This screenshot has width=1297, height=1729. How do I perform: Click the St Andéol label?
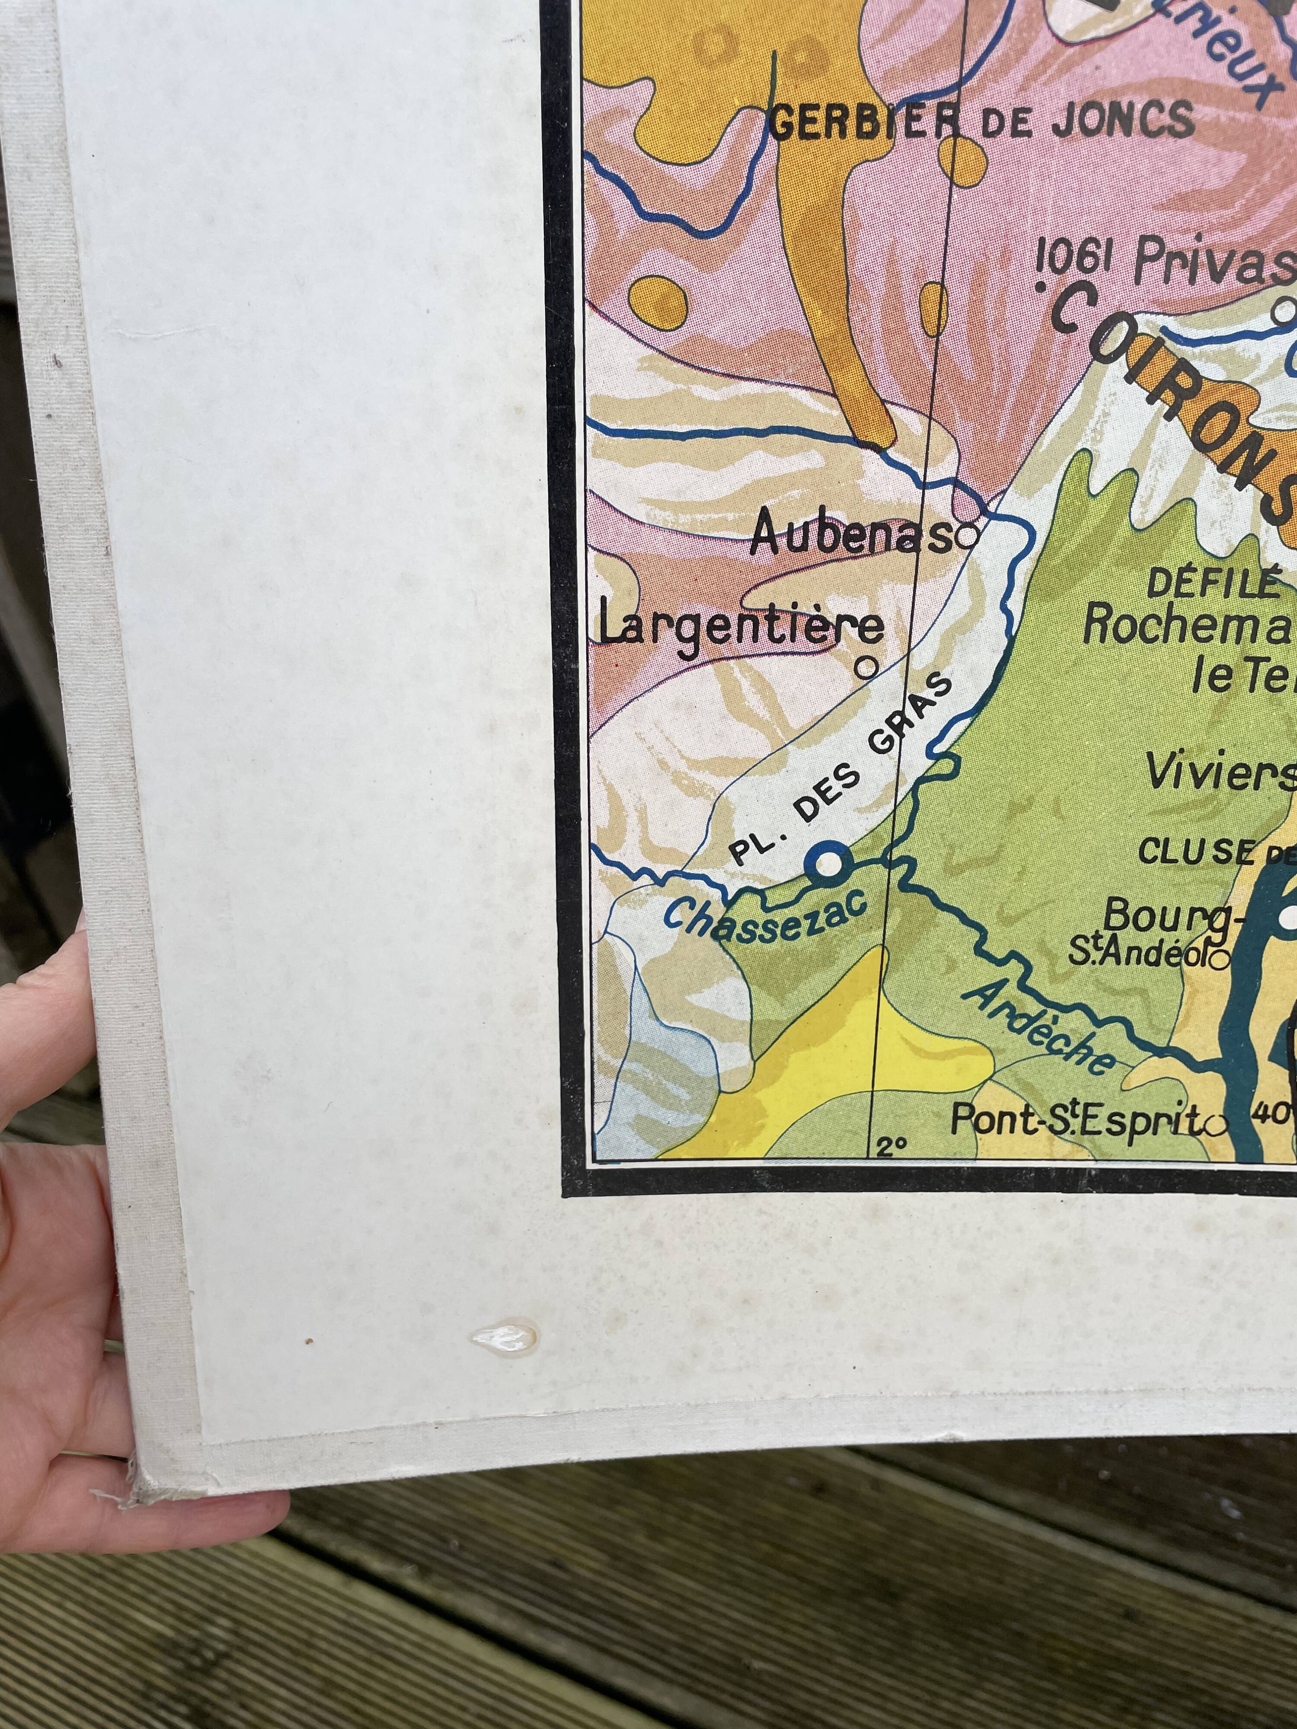click(x=1137, y=954)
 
